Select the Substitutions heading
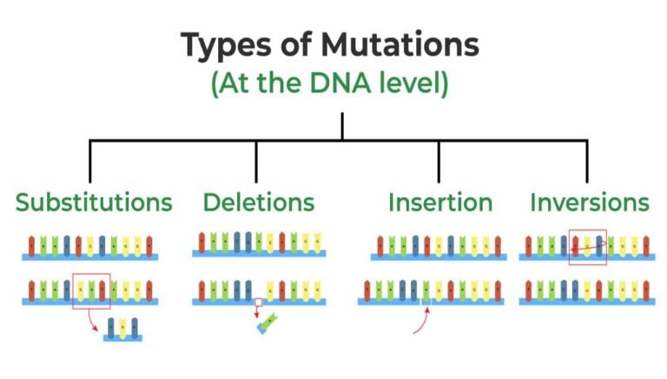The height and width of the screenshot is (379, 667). (x=94, y=203)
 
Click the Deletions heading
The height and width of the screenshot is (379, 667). (x=259, y=203)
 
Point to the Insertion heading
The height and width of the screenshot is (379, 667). (x=440, y=203)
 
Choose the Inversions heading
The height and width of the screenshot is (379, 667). (x=590, y=203)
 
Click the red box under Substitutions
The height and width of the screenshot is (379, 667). (x=91, y=289)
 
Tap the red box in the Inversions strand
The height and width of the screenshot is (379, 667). (x=588, y=246)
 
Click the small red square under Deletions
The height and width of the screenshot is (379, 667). (x=258, y=303)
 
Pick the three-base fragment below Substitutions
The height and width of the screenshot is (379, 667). (x=122, y=329)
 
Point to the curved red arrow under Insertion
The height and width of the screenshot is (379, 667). (x=420, y=321)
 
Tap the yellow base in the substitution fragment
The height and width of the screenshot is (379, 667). (x=122, y=327)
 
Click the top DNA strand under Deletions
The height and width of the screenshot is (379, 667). (x=259, y=244)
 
